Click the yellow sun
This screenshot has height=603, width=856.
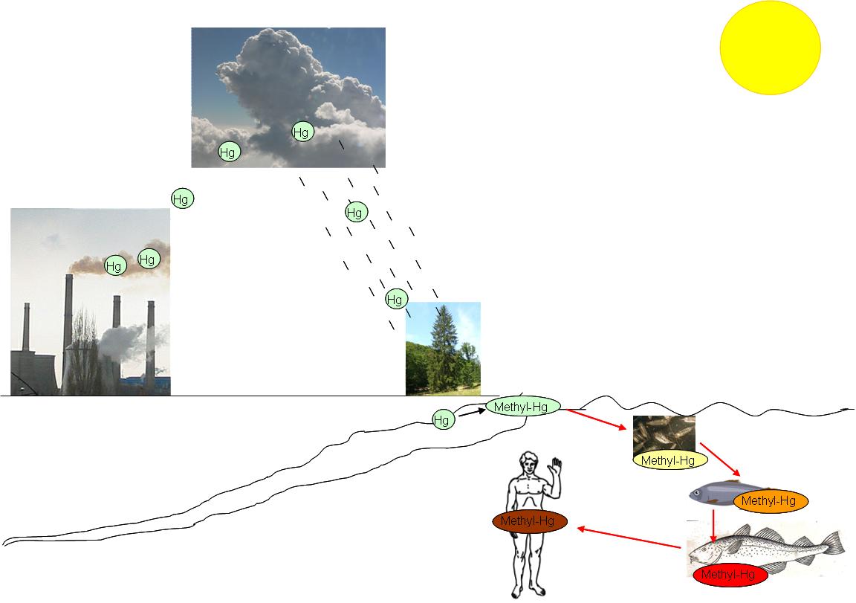[770, 45]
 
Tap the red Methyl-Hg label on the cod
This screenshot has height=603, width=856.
[729, 575]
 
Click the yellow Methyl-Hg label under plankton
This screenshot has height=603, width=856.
[668, 460]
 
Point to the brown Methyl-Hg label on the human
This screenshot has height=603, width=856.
[528, 521]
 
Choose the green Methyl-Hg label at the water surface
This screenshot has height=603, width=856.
[522, 406]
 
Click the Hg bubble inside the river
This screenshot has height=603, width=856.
[442, 420]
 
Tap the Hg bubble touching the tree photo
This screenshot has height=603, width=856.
[395, 300]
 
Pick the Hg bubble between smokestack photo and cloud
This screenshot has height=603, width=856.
[181, 199]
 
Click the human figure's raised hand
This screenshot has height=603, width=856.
[554, 468]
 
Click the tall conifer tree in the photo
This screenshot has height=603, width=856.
[444, 342]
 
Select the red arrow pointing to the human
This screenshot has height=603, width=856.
[629, 538]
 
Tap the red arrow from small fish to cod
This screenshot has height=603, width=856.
[713, 525]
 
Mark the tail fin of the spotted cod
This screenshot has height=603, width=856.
[835, 544]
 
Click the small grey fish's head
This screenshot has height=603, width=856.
[699, 493]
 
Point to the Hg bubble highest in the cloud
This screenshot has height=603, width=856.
[301, 132]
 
